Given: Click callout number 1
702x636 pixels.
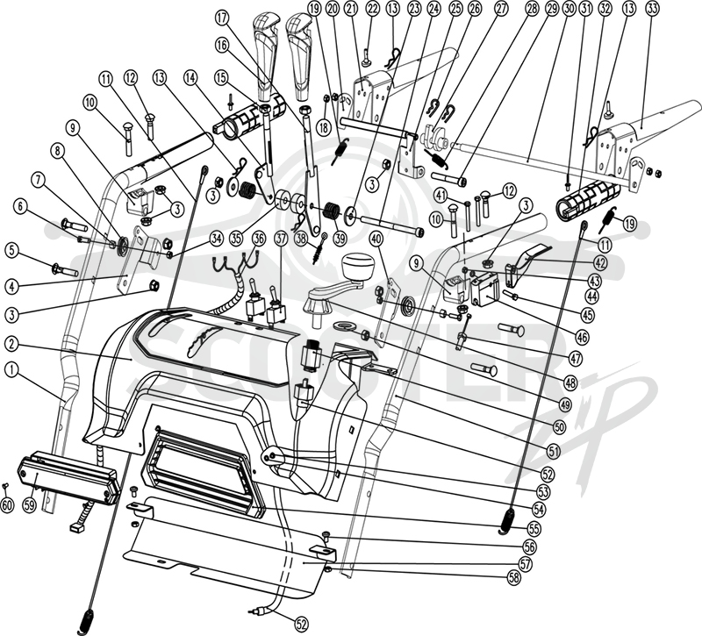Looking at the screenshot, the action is (11, 369).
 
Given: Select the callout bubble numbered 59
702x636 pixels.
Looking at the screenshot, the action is (30, 505).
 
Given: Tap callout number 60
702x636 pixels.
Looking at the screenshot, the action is (7, 505).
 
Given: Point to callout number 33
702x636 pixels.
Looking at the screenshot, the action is (652, 8).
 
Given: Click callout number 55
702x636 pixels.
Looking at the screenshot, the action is (534, 529).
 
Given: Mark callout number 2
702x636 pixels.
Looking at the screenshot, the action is (11, 344).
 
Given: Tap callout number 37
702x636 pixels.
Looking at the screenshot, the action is (281, 239).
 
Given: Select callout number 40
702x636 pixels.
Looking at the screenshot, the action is (376, 239).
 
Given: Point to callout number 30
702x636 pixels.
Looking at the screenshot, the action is (568, 8).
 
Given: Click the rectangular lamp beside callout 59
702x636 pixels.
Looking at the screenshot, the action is (68, 477).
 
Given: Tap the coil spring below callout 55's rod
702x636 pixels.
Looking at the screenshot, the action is (508, 521).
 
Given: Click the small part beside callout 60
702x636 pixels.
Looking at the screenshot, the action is (6, 486).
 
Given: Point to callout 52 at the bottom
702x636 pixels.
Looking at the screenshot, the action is (301, 624).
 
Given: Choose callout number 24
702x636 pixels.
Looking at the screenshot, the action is (433, 8).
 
